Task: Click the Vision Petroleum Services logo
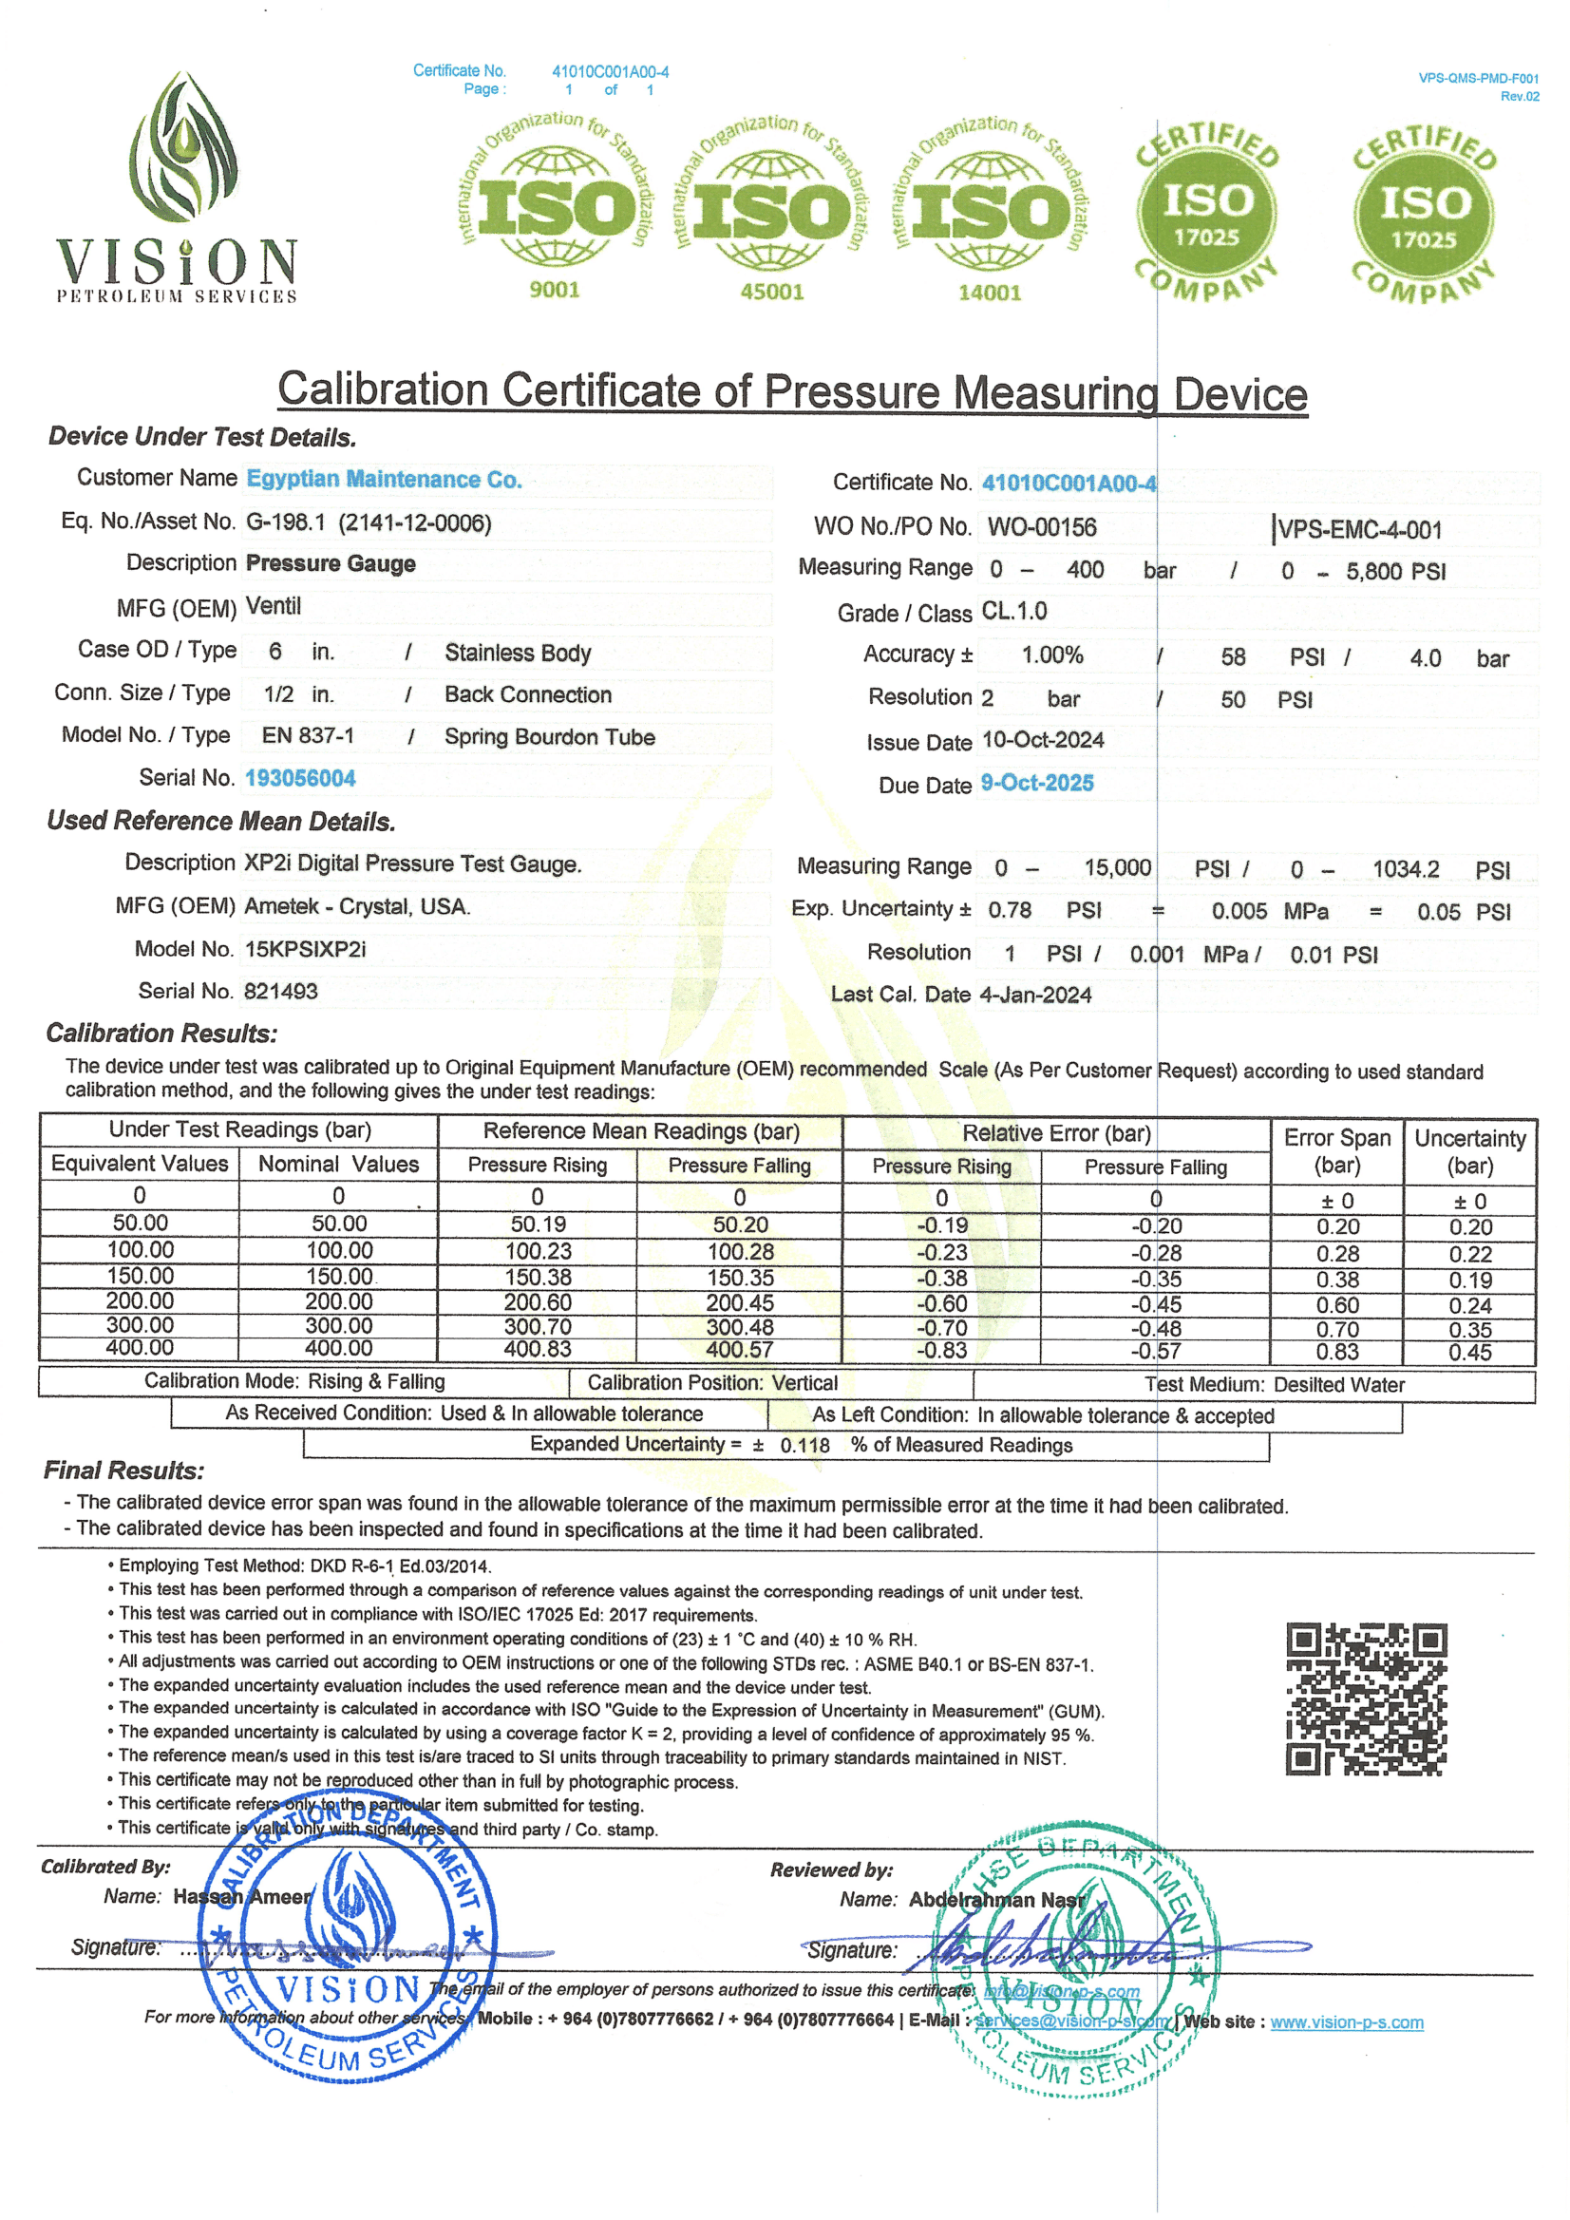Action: point(177,188)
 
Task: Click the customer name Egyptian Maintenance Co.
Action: point(384,480)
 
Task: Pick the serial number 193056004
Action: point(300,778)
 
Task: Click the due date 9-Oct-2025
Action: point(1036,783)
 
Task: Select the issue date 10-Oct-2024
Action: point(1042,741)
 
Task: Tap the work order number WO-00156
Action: point(1041,528)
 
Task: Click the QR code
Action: point(1365,1698)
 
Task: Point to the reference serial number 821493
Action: point(280,991)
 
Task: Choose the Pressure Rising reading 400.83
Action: point(538,1350)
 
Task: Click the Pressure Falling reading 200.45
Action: point(740,1303)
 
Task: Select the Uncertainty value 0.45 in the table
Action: point(1469,1353)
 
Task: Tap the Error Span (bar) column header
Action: point(1337,1151)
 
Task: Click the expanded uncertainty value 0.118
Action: point(804,1446)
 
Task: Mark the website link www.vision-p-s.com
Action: point(1346,2022)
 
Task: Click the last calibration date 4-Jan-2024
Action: point(1035,995)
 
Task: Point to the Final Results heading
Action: point(123,1471)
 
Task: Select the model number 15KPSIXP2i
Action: point(306,950)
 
